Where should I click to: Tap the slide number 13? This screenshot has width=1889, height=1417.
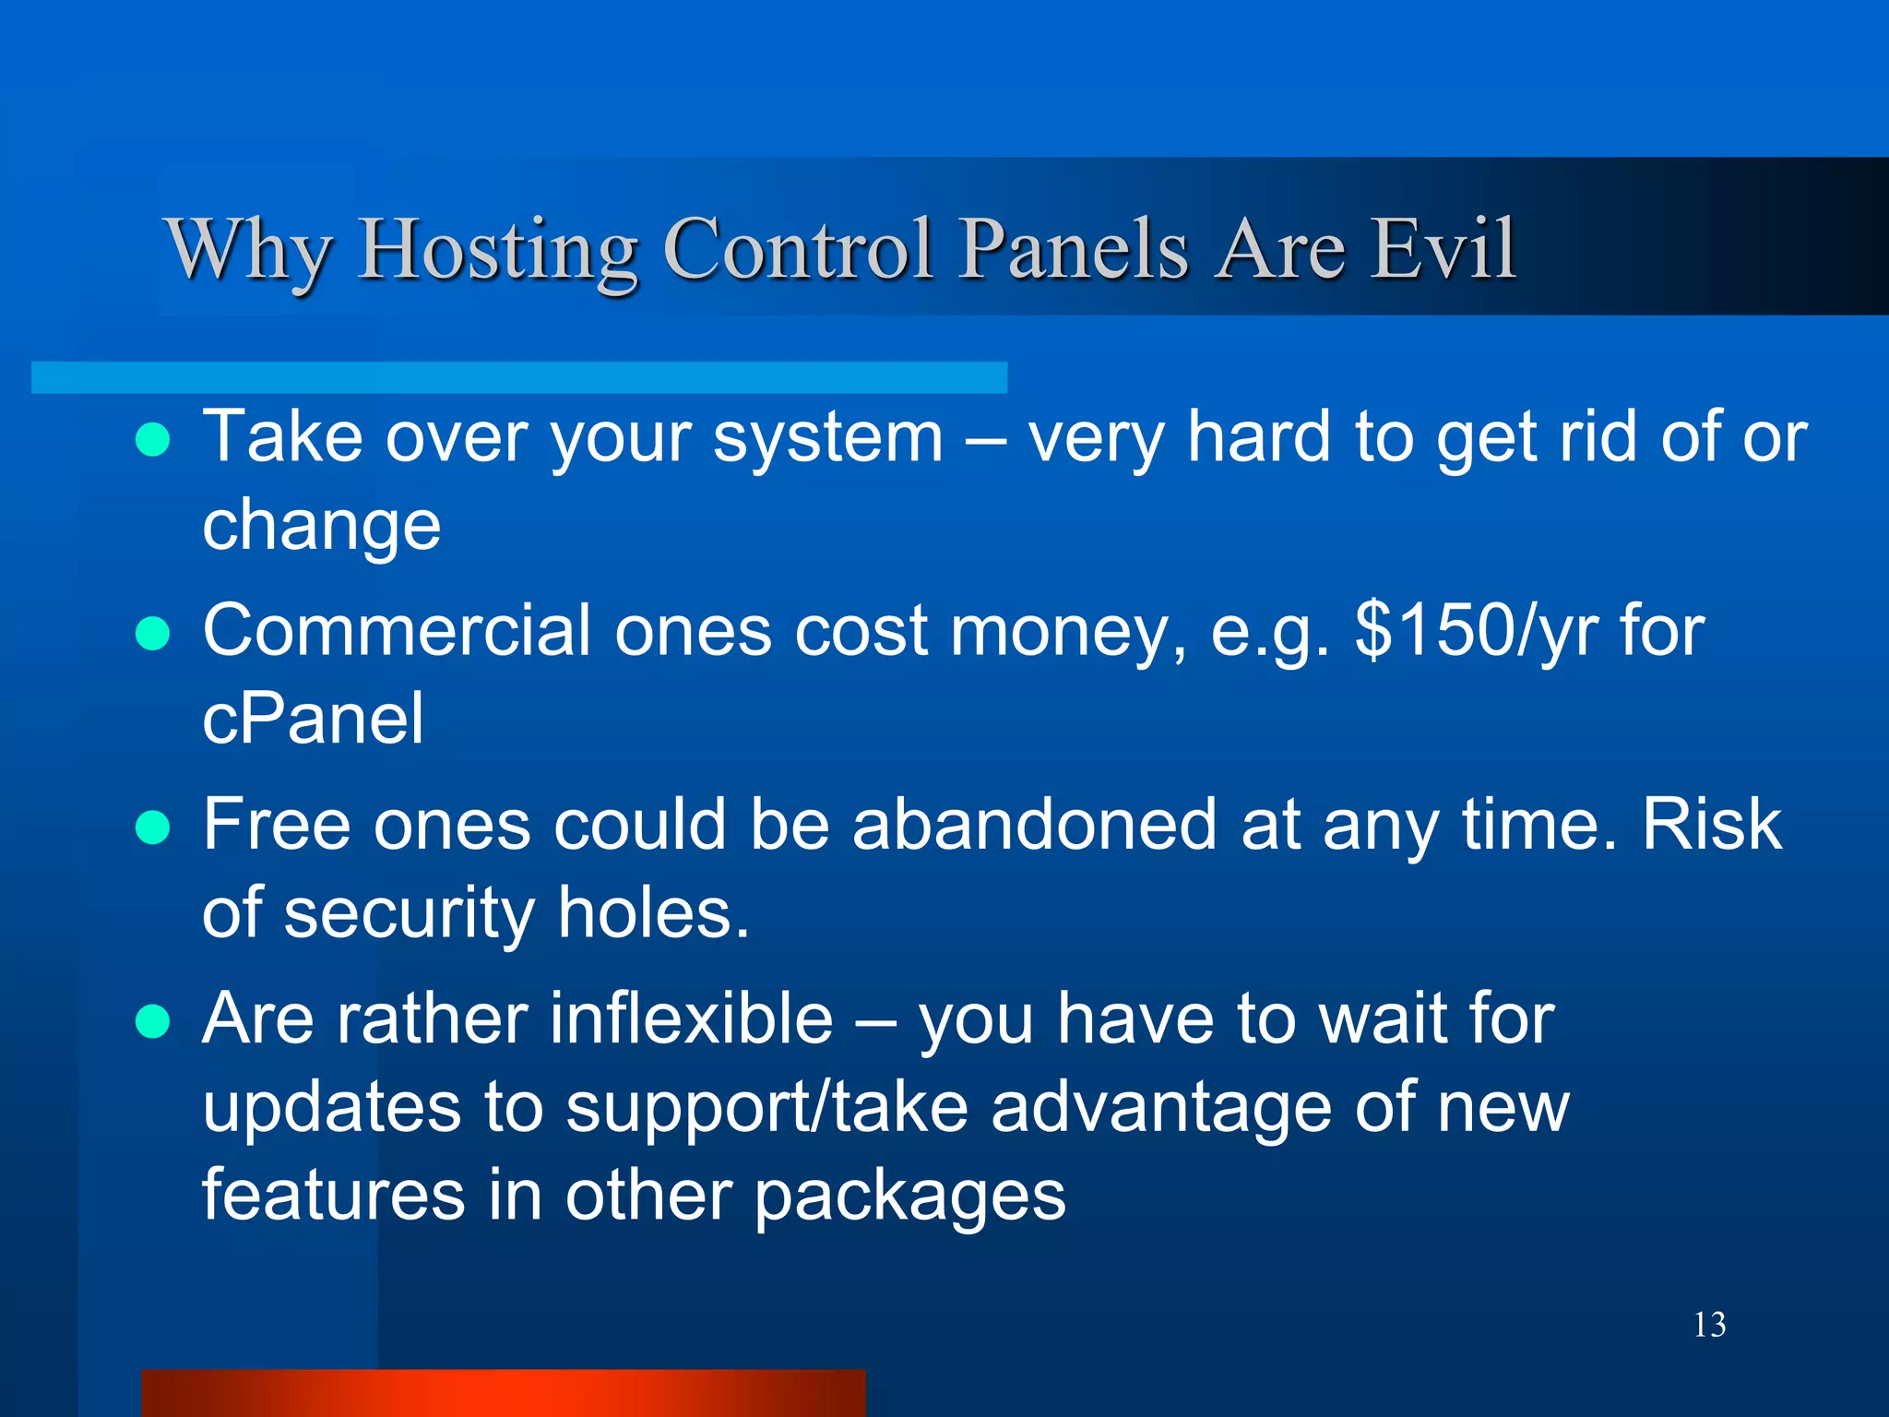click(x=1709, y=1325)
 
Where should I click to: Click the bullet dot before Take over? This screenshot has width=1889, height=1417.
click(x=152, y=440)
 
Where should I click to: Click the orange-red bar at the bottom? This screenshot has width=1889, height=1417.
click(x=503, y=1393)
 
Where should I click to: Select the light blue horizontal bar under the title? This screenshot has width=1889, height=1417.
click(x=518, y=377)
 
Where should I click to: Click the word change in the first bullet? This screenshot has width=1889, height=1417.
click(x=321, y=526)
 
